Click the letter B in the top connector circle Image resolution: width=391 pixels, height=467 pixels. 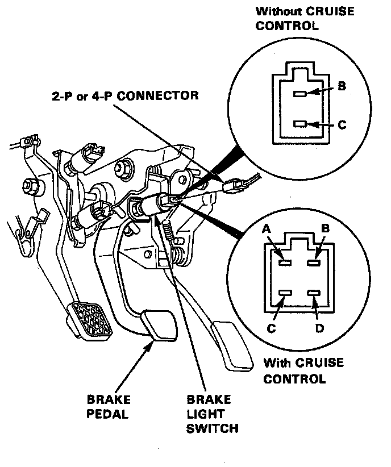point(342,86)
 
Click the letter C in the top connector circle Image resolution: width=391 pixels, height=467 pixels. point(342,124)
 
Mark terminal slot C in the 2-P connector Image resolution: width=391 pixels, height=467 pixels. point(302,123)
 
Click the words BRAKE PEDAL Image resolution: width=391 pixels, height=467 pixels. point(108,406)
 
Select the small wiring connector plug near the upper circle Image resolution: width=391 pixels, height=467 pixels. point(235,185)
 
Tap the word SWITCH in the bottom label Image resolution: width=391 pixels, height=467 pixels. point(212,427)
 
